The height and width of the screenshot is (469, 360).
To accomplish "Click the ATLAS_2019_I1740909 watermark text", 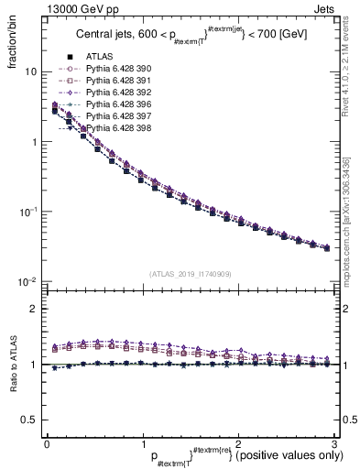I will click(x=191, y=274).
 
